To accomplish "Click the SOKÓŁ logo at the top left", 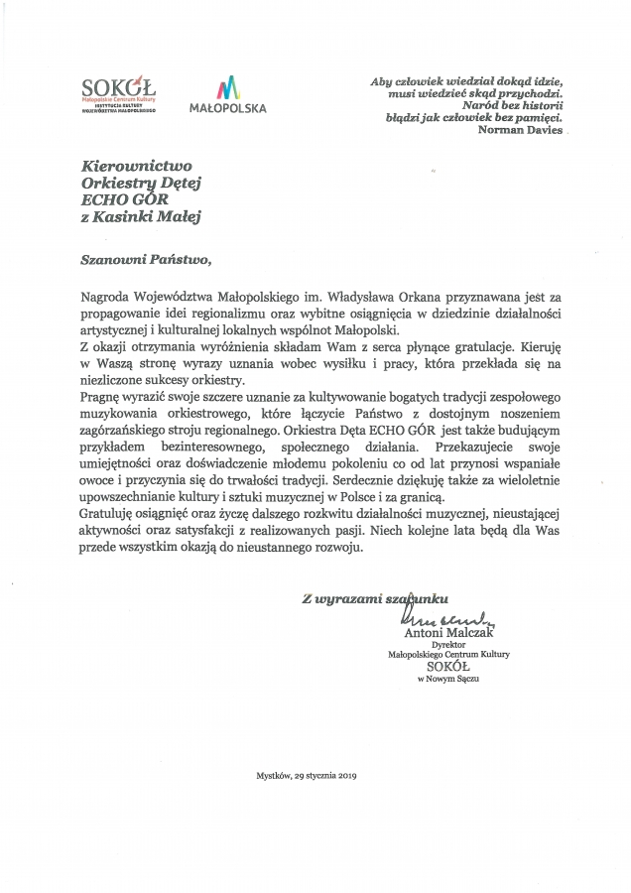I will pos(119,96).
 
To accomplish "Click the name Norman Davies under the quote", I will pos(521,130).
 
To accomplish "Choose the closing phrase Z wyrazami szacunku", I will pos(376,597).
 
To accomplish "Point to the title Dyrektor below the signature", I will pos(447,644).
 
